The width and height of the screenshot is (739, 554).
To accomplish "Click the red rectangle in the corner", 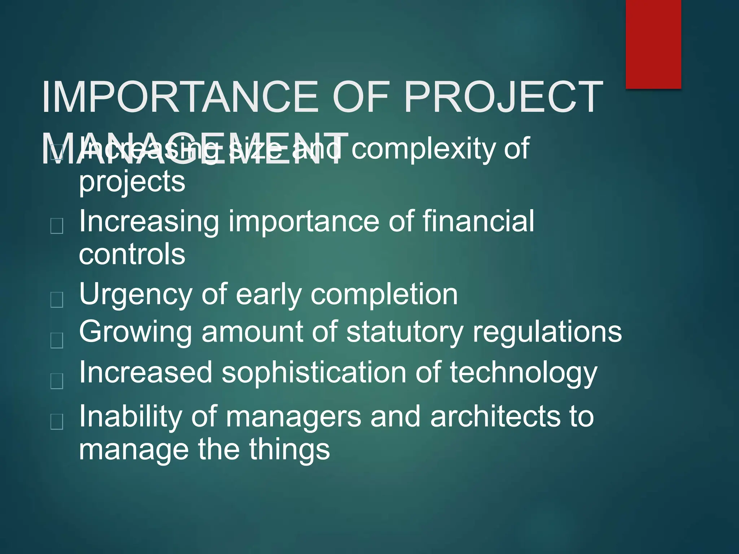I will pyautogui.click(x=653, y=44).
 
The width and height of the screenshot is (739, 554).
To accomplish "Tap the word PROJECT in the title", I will pyautogui.click(x=503, y=97).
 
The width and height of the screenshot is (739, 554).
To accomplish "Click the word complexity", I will pyautogui.click(x=423, y=149).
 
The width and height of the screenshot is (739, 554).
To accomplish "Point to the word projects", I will pyautogui.click(x=132, y=182).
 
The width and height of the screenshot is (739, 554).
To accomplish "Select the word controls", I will pyautogui.click(x=132, y=254).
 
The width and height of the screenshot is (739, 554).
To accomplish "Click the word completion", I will pyautogui.click(x=384, y=294).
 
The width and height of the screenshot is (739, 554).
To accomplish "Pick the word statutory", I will pyautogui.click(x=405, y=332).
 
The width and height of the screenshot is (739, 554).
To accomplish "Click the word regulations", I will pyautogui.click(x=547, y=332).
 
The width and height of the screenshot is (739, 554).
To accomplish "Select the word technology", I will pyautogui.click(x=523, y=373).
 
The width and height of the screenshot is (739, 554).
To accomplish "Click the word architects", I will pyautogui.click(x=495, y=417).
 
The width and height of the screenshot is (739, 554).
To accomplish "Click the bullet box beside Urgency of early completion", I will pyautogui.click(x=57, y=299).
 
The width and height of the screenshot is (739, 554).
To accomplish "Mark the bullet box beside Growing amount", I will pyautogui.click(x=57, y=340).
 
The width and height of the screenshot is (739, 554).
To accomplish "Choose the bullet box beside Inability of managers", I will pyautogui.click(x=57, y=421).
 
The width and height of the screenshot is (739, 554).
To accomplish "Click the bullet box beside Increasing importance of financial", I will pyautogui.click(x=57, y=226).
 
